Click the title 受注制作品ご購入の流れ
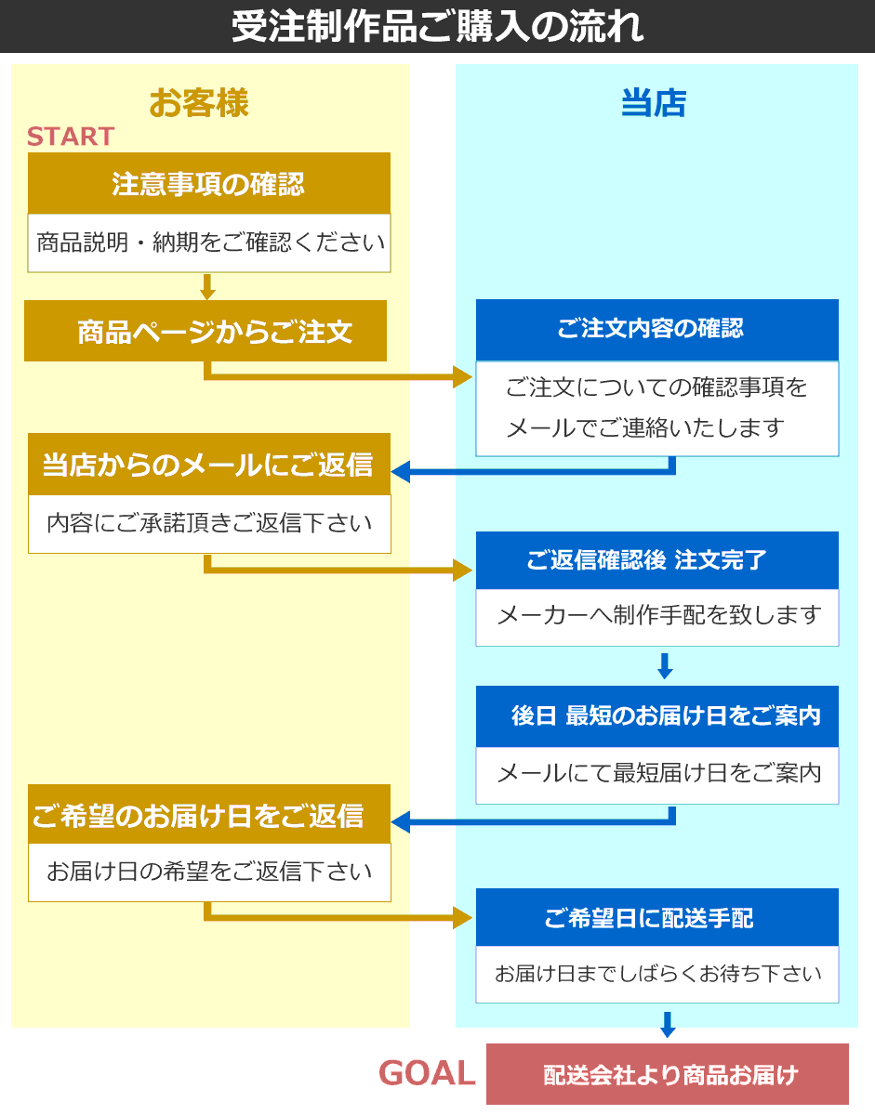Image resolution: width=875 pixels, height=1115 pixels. (437, 26)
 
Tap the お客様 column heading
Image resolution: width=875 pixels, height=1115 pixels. (199, 102)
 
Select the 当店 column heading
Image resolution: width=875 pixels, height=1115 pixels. (654, 102)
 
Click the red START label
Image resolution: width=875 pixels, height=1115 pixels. (71, 137)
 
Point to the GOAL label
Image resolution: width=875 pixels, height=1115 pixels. (427, 1073)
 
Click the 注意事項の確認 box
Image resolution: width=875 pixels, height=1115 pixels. (209, 183)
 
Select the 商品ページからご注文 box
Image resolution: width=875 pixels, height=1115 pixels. (205, 331)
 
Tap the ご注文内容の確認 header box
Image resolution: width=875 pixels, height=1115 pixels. (657, 330)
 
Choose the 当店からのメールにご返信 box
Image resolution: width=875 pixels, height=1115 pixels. (209, 464)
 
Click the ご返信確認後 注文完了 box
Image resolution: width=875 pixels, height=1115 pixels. (657, 559)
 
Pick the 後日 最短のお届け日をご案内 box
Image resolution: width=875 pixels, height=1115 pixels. (657, 716)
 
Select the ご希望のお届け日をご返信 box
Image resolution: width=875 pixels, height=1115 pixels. (209, 814)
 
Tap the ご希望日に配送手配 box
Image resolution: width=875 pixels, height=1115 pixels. (657, 917)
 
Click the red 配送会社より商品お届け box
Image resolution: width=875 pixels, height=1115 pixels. (668, 1074)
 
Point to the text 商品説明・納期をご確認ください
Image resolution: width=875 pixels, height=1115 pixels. (210, 243)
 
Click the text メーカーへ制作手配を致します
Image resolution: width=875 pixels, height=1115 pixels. (659, 615)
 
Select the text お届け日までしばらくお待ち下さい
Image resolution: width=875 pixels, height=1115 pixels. (658, 974)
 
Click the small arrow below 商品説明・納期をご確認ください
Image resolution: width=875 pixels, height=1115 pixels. (207, 287)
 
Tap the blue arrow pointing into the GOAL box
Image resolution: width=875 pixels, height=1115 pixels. (667, 1024)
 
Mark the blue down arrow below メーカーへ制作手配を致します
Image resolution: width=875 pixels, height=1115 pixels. (665, 666)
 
